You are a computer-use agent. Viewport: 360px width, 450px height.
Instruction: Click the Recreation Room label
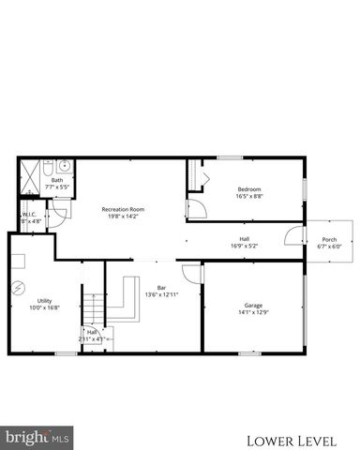click(x=124, y=209)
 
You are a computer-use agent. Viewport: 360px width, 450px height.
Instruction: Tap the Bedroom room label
click(x=249, y=190)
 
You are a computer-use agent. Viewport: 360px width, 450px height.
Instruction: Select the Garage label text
click(x=253, y=305)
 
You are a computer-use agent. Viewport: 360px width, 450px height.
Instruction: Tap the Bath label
click(x=57, y=180)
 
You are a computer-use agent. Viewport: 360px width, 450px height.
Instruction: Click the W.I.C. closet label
click(x=28, y=216)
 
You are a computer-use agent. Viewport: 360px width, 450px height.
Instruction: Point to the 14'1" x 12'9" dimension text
click(x=253, y=312)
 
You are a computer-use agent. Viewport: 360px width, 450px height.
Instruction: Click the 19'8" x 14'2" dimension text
click(x=124, y=217)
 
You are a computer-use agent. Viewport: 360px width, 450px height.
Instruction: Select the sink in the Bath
click(x=62, y=167)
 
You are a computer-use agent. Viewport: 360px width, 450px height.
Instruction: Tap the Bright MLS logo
click(x=37, y=436)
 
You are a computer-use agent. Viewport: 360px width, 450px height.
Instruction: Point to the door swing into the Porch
click(x=294, y=235)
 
